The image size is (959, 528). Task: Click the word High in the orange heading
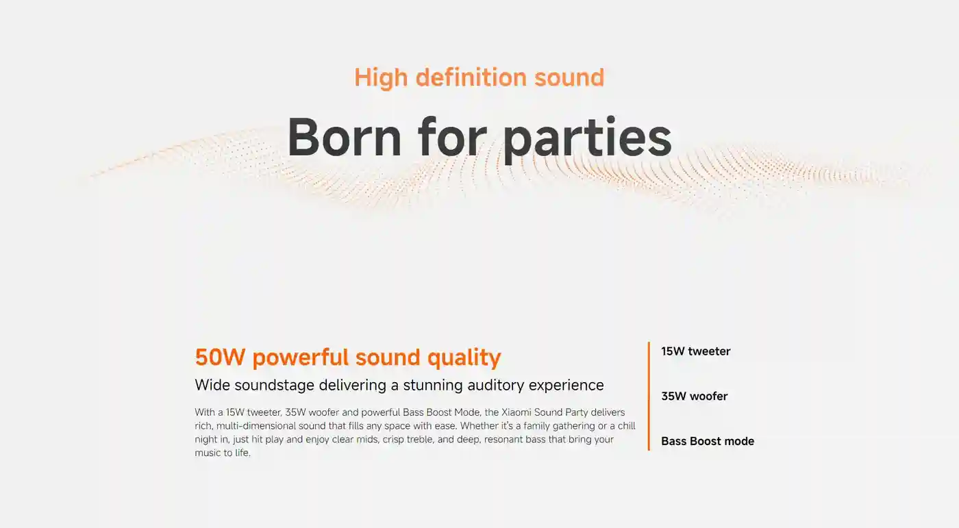coord(380,77)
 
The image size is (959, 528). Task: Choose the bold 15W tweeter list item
coord(695,351)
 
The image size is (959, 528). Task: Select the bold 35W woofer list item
coord(694,397)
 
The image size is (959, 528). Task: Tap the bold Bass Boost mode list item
coord(707,442)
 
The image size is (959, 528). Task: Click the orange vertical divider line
coord(648,397)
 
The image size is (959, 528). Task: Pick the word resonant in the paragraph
coord(506,440)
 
